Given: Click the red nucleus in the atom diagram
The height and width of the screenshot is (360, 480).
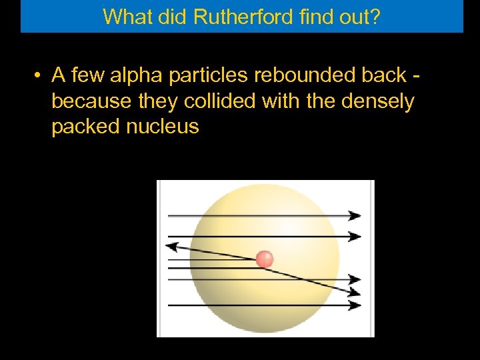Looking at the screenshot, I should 265,259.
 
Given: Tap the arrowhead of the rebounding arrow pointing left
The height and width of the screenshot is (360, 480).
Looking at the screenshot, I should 171,246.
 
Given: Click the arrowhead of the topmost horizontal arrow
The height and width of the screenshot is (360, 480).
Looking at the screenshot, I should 355,215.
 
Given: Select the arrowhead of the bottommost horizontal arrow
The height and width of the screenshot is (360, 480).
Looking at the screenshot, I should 355,305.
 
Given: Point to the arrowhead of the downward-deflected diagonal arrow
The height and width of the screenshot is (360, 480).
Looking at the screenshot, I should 355,291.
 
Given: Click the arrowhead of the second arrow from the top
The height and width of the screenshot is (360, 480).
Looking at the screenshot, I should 355,236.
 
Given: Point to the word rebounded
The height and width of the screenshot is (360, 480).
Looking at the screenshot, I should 300,75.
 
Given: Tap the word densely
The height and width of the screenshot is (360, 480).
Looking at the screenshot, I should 377,101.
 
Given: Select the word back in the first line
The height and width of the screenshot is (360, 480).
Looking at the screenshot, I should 383,75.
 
